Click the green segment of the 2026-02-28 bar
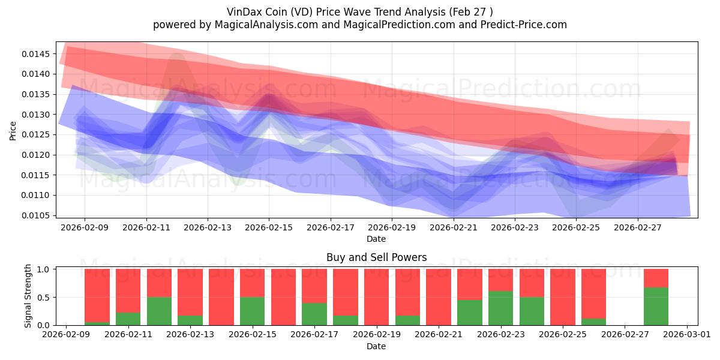tap(656, 306)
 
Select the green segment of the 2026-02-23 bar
tap(500, 308)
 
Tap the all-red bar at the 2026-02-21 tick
tap(439, 297)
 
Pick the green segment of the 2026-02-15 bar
tap(252, 311)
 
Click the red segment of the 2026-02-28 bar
tap(656, 278)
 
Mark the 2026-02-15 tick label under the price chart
tap(269, 228)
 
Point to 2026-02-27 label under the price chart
tap(637, 228)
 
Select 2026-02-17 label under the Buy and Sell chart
tap(314, 335)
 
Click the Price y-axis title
tap(13, 130)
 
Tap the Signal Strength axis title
tap(28, 296)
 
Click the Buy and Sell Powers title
tap(376, 257)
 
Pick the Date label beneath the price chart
tap(376, 239)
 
